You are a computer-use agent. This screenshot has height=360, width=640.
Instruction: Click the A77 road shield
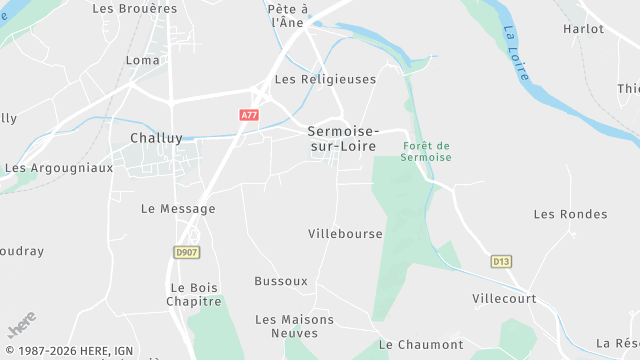coord(249,116)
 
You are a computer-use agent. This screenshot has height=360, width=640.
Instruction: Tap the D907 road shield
coord(186,252)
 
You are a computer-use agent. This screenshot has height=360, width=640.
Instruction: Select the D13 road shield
coord(501,261)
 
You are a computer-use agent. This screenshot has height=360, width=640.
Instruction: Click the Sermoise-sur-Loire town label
coord(342,139)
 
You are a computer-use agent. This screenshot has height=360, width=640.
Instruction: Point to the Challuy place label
coord(156,139)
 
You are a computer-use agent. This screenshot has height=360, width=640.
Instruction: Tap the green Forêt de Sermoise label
coord(427,152)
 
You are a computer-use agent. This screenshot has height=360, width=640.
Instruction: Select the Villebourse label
coord(345,234)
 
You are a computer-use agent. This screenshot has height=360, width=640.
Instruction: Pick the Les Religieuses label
coord(325,79)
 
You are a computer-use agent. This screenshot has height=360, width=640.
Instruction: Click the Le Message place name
coord(178,209)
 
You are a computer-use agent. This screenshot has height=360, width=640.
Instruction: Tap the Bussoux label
coord(281,281)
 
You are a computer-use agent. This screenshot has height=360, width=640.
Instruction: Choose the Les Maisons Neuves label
coord(295,326)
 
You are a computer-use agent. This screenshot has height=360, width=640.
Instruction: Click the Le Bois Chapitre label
coord(194,294)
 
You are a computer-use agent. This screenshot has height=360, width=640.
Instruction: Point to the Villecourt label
coord(504,299)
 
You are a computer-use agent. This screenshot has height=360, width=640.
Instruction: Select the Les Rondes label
coord(570,214)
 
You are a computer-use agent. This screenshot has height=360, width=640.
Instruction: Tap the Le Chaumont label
coord(421,345)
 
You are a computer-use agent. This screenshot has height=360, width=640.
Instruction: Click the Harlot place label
coord(583,29)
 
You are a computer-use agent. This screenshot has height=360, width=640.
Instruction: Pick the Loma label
coord(143,60)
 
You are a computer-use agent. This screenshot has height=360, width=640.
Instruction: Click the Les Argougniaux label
coord(59,168)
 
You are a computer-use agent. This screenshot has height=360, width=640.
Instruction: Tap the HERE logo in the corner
coord(21,326)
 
